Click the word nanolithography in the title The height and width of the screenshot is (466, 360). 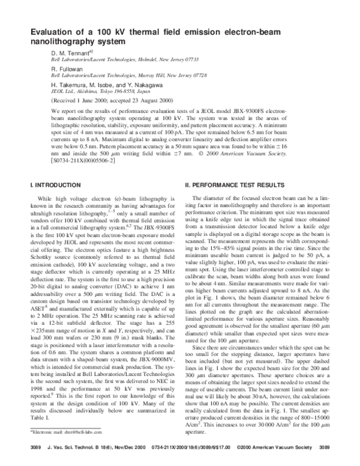pyautogui.click(x=66, y=42)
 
